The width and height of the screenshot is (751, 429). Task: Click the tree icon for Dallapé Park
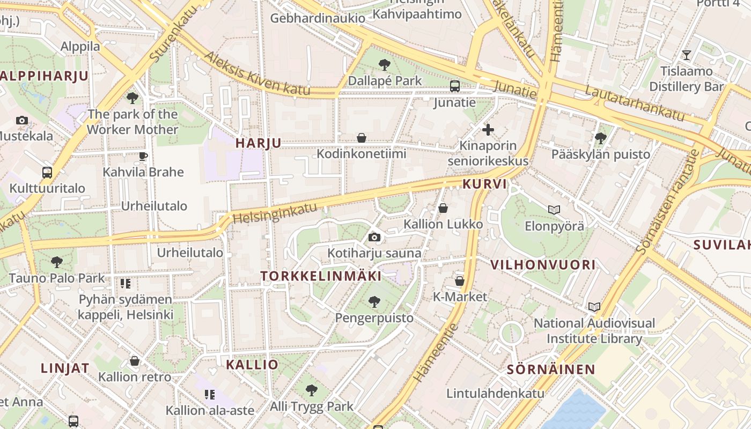click(384, 65)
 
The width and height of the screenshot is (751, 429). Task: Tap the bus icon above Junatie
click(454, 86)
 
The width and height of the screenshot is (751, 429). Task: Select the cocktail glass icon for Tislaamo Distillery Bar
click(686, 55)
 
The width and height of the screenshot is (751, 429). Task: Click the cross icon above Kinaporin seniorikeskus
click(488, 129)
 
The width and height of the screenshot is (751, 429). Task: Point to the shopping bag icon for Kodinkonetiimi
click(362, 138)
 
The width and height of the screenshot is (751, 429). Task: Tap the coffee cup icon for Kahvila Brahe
click(143, 156)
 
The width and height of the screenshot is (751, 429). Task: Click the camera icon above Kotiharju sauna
click(374, 237)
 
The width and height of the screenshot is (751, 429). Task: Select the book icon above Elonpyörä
click(554, 210)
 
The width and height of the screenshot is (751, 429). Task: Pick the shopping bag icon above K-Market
click(459, 280)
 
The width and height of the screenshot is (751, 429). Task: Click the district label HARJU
click(258, 143)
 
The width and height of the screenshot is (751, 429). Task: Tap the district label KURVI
click(484, 184)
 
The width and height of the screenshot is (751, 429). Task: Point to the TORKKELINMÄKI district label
click(321, 276)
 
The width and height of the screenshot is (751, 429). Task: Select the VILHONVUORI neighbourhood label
click(543, 264)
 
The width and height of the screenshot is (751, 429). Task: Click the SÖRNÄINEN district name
click(551, 369)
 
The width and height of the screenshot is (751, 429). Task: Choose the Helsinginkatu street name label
click(275, 213)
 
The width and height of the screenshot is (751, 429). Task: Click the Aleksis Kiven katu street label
click(257, 75)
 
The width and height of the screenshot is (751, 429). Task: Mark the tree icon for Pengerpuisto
click(374, 302)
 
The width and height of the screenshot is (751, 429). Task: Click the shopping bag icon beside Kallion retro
click(135, 361)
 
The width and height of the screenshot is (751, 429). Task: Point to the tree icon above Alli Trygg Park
click(311, 390)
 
